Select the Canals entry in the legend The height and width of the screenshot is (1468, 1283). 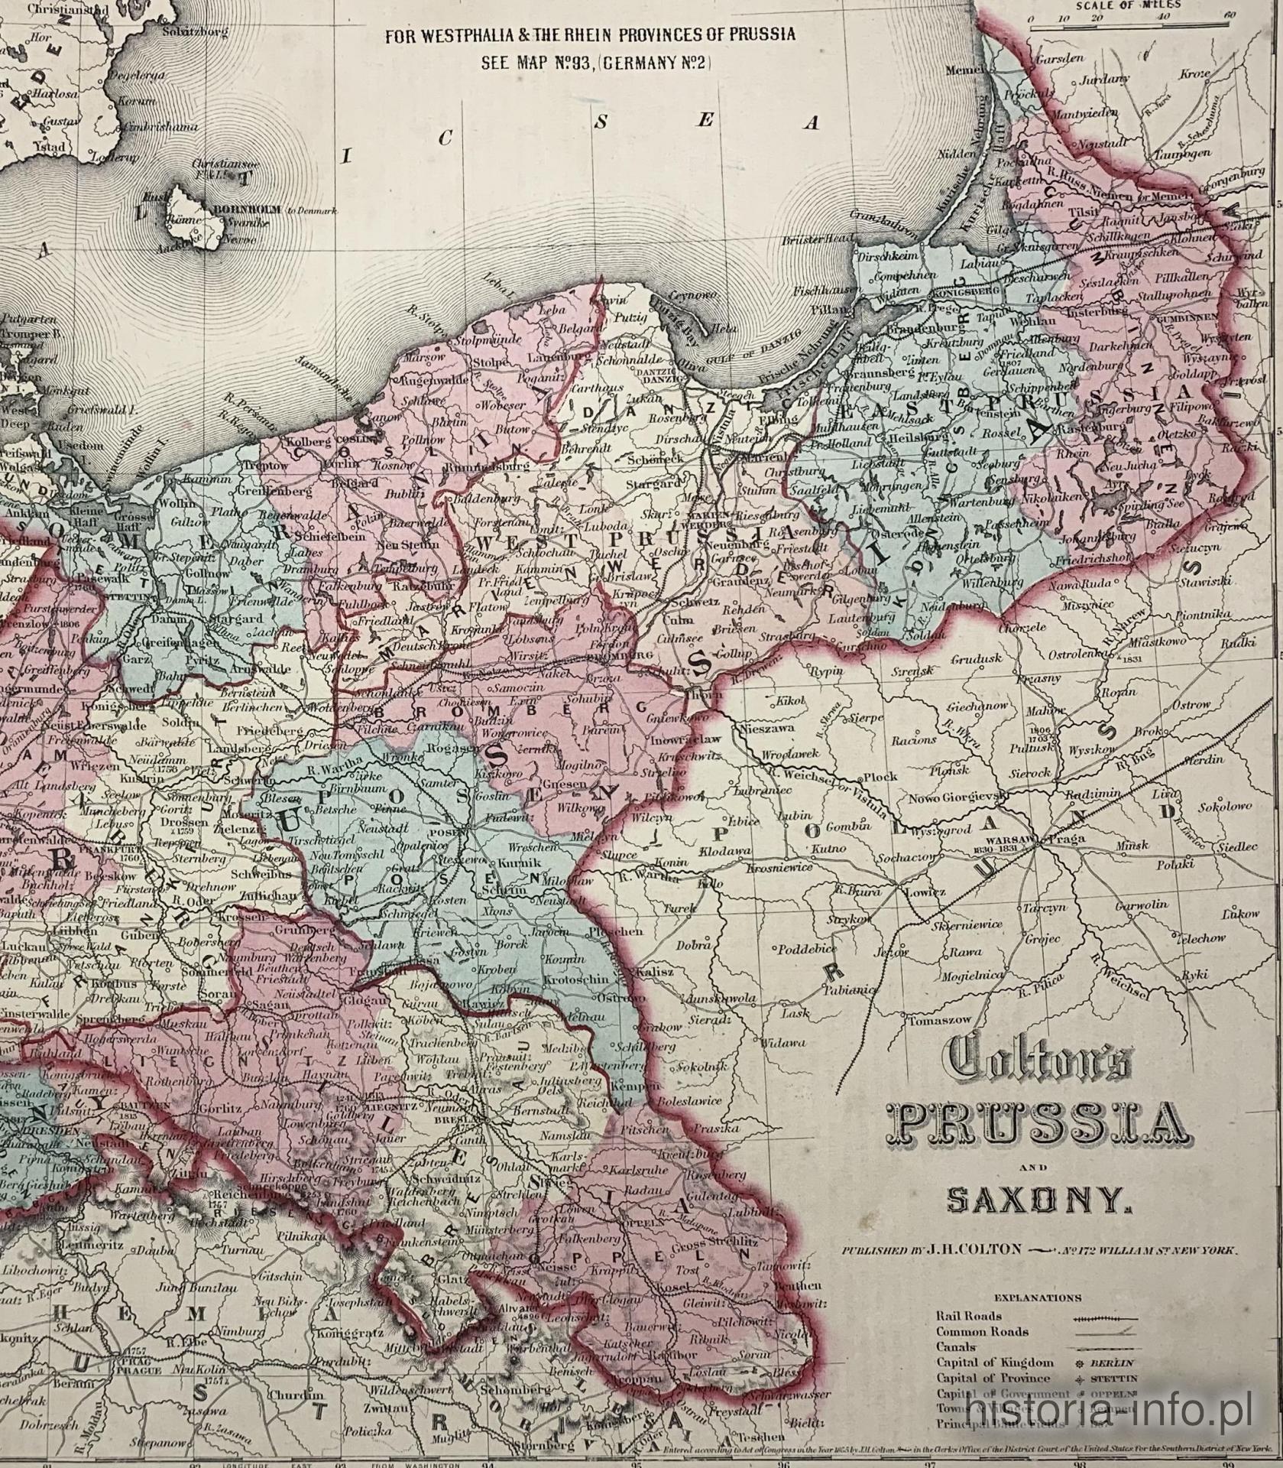(954, 1346)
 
